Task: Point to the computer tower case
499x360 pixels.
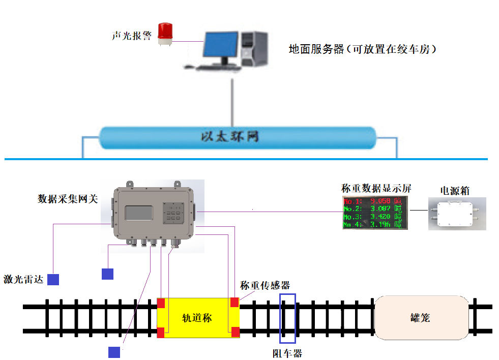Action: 254,49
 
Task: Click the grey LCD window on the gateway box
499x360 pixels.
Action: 138,214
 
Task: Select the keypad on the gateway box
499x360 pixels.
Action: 173,213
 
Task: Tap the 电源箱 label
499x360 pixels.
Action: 455,191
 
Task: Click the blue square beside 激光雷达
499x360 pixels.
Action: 53,279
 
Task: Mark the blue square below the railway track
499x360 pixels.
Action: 114,352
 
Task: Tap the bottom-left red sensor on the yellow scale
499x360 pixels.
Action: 161,333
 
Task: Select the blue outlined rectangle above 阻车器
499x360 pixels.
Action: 287,318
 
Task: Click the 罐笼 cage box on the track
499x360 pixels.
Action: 421,318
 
